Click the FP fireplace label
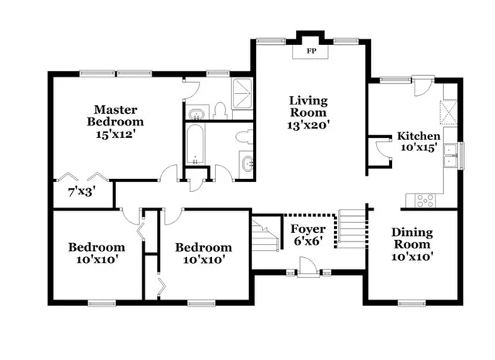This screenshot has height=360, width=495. click(312, 51)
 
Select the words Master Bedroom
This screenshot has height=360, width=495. click(115, 115)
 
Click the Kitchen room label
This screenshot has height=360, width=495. click(418, 135)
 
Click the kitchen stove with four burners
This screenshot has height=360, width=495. click(426, 200)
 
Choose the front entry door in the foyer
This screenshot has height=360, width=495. click(306, 267)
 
